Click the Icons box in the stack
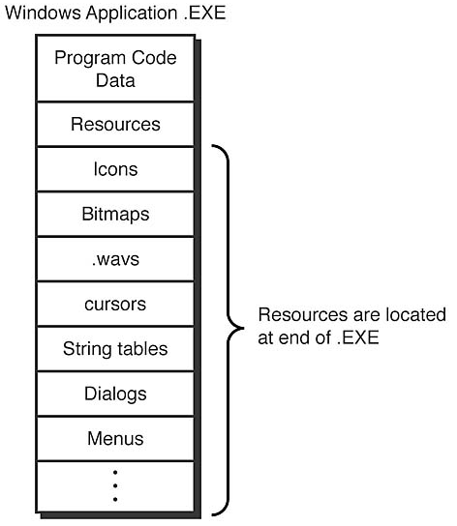[115, 169]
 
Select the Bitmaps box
[115, 214]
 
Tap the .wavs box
[115, 259]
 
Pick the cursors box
[115, 304]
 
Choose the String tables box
[115, 348]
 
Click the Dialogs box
[115, 394]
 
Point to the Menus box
[115, 438]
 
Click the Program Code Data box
[115, 69]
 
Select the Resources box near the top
[115, 125]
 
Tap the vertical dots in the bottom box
[115, 485]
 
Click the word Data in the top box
[115, 80]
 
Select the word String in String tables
[85, 348]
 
